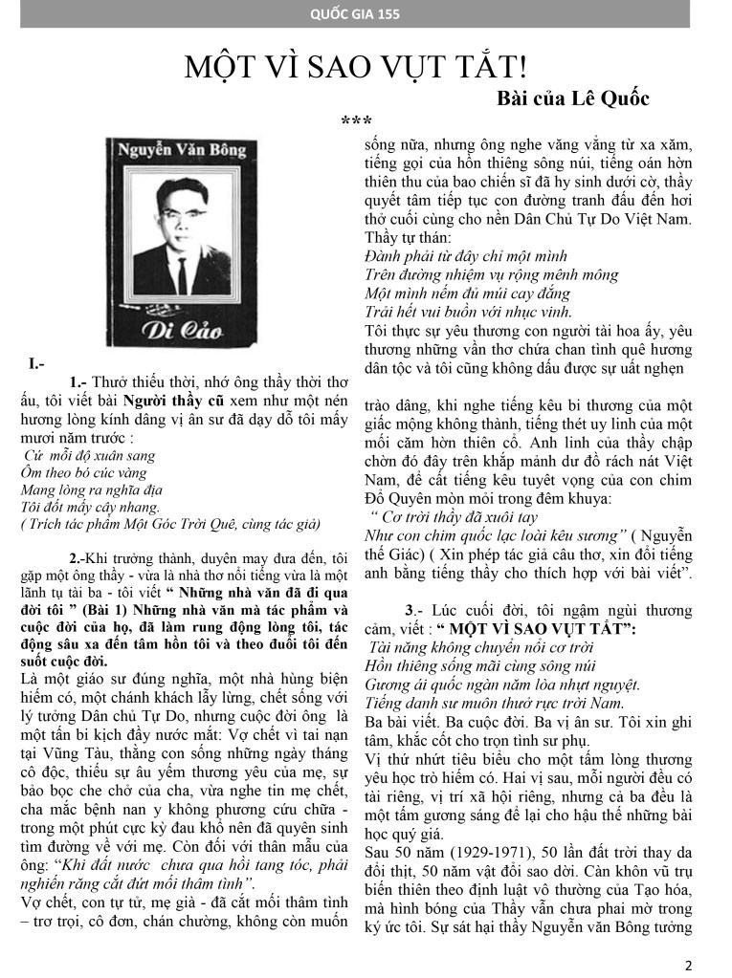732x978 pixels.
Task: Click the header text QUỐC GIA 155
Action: (369, 13)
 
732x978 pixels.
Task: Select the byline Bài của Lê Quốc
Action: (573, 98)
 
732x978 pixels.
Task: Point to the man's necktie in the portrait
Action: (182, 271)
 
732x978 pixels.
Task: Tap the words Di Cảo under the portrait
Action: (178, 333)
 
